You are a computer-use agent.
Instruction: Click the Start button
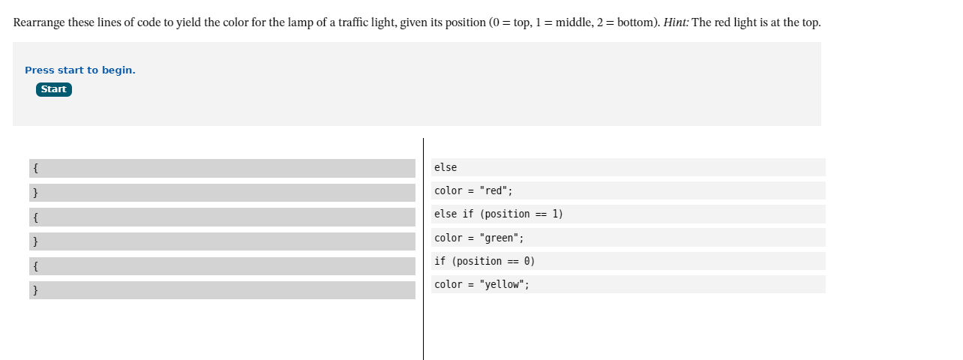pos(54,89)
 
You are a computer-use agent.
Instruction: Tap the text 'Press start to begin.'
pos(80,70)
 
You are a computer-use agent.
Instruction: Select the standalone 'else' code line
pos(445,167)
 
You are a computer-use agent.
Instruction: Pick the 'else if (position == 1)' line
pos(498,214)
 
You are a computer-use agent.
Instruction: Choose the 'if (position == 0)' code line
pos(484,261)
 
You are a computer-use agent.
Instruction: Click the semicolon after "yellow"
pos(526,284)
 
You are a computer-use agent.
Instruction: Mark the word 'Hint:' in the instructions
pos(676,22)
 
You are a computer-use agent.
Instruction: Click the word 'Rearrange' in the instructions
pos(39,22)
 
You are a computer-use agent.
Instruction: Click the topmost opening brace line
pos(222,168)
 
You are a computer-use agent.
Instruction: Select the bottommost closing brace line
pos(222,290)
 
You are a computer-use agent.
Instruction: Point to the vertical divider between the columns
pos(423,247)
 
